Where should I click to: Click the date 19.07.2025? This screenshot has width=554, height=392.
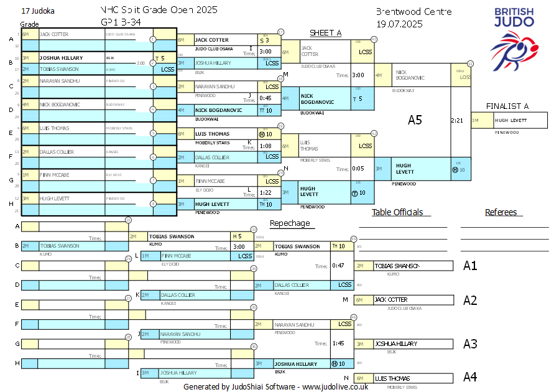(399, 24)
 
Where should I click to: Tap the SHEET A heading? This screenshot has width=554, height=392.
(326, 33)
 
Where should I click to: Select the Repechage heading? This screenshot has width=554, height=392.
(289, 223)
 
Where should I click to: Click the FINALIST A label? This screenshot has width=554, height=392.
(507, 106)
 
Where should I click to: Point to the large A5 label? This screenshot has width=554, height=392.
(415, 120)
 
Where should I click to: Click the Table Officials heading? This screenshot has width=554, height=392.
(397, 212)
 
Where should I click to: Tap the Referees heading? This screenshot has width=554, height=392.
(501, 212)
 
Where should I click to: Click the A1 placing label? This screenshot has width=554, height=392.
(470, 266)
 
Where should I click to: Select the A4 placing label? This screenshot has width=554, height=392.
(470, 377)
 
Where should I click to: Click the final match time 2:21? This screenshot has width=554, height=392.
(457, 120)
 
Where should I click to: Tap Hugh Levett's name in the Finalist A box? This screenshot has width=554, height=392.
(510, 120)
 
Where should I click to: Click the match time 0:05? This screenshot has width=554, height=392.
(358, 169)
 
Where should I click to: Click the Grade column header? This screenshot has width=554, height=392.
(30, 24)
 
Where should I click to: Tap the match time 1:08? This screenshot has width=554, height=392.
(265, 146)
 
